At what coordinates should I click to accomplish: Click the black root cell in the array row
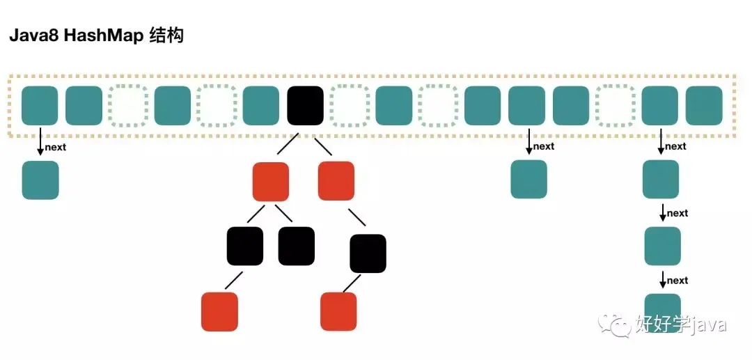305,105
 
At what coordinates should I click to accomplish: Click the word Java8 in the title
33,36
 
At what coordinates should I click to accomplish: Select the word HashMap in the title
102,36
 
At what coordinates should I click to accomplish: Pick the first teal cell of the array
40,105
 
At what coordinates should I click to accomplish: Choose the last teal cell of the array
704,105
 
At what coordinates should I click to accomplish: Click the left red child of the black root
271,181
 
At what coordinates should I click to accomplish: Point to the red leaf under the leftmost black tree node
219,311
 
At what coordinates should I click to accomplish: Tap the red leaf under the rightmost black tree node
339,311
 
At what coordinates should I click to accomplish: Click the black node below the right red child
368,253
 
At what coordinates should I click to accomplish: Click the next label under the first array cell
56,148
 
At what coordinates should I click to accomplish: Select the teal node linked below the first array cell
40,180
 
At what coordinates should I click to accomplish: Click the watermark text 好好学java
680,324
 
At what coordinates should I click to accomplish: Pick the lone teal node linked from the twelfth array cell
529,179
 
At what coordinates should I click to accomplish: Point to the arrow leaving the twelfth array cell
528,141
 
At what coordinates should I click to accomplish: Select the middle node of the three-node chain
662,246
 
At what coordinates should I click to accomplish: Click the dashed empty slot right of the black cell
348,105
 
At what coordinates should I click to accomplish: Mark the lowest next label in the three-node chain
677,281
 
